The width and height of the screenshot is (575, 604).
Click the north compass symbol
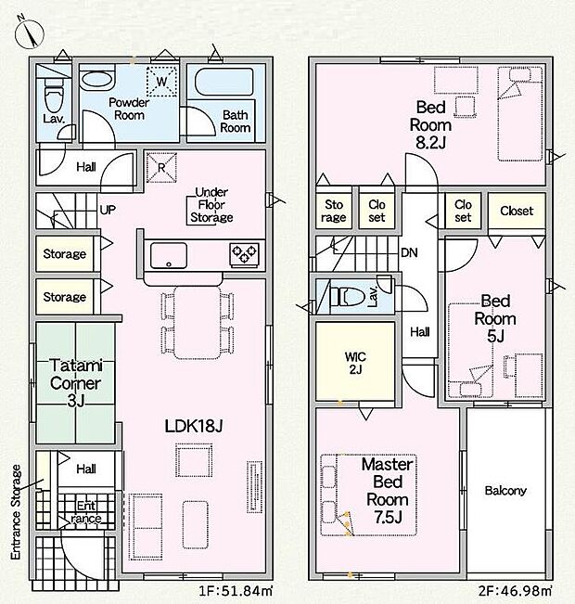click(30, 32)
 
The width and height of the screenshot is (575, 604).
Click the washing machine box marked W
click(161, 82)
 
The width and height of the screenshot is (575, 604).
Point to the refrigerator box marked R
click(161, 167)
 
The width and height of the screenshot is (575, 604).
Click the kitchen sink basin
click(169, 255)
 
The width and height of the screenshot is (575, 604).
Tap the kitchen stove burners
click(245, 254)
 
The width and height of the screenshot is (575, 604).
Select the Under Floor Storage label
click(211, 205)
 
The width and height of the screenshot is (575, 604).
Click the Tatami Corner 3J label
click(76, 383)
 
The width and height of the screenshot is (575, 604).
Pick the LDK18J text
click(194, 426)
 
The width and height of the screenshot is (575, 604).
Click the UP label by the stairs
click(108, 210)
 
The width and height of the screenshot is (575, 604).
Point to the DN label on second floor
click(409, 252)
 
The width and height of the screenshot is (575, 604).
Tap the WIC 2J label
click(355, 363)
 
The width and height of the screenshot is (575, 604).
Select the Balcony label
click(505, 491)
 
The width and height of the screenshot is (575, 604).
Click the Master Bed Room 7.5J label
click(388, 491)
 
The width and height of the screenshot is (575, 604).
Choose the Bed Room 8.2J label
click(430, 124)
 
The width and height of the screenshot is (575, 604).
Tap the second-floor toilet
click(348, 297)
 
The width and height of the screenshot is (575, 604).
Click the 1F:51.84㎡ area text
click(236, 590)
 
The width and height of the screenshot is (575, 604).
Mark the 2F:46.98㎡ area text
click(515, 590)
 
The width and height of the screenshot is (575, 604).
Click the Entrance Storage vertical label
click(16, 513)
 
